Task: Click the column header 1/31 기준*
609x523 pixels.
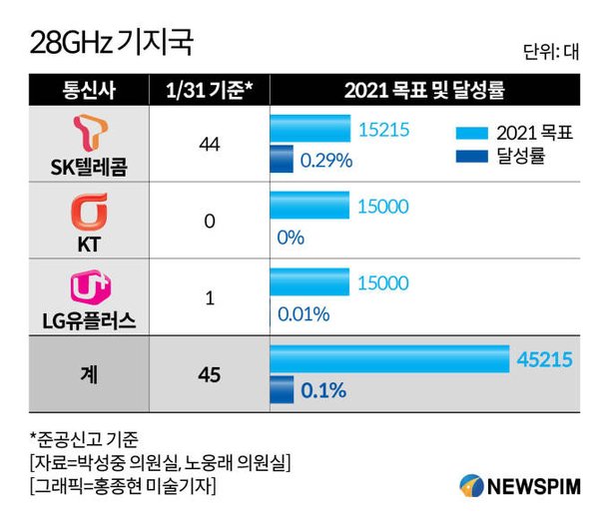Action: pos(209,91)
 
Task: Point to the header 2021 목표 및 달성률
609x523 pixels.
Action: pos(424,91)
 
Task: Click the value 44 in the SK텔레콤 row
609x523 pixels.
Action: pos(209,146)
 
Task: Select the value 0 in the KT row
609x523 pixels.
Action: pos(209,221)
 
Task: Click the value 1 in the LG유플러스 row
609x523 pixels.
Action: pos(209,297)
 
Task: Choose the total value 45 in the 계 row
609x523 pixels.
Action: pos(209,375)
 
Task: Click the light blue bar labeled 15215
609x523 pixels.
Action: pos(310,129)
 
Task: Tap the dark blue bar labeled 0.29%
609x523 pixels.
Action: pos(282,158)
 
